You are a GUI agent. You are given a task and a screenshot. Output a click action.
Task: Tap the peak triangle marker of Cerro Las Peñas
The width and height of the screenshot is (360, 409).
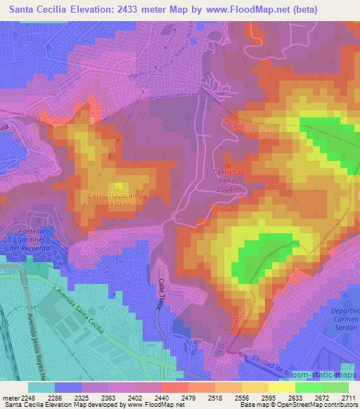[x=226, y=164]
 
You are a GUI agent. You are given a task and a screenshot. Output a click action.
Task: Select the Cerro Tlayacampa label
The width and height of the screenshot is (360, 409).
[x=117, y=197]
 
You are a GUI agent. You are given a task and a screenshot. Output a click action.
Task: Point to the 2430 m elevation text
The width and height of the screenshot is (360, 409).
[x=117, y=204]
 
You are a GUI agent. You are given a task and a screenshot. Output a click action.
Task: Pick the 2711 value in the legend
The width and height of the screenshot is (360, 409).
[x=348, y=398]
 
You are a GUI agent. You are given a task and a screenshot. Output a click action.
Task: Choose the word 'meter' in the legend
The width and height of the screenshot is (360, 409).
[x=9, y=398]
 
